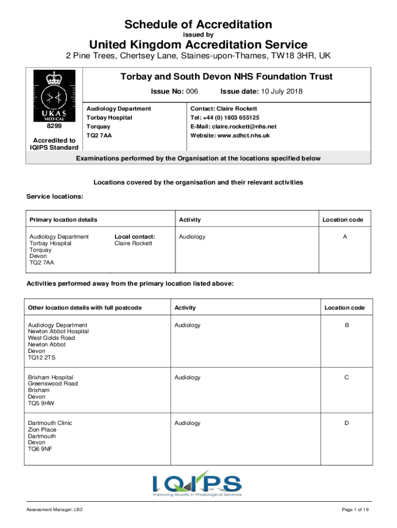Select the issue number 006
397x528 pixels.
(x=192, y=92)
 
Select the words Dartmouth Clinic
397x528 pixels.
(x=49, y=423)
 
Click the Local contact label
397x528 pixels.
(x=135, y=237)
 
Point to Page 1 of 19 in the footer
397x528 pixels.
(x=355, y=510)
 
